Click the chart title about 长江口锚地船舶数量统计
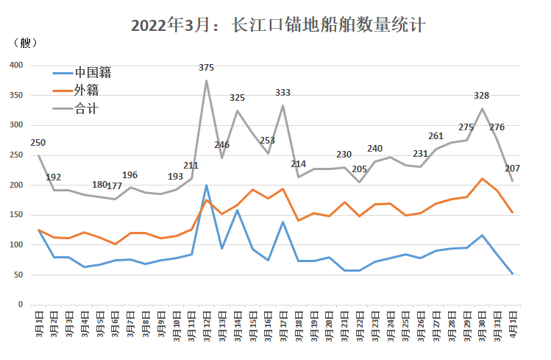[x=278, y=25]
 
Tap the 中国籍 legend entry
[x=82, y=73]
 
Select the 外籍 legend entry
[x=76, y=91]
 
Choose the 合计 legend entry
[x=76, y=109]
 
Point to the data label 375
[x=206, y=68]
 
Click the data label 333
[x=283, y=93]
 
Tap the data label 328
[x=481, y=95]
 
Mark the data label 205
[x=360, y=169]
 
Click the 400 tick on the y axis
[x=16, y=65]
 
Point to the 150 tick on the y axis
[x=16, y=215]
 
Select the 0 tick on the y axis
[x=21, y=305]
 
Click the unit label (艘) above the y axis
[x=25, y=43]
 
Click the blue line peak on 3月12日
[x=206, y=186]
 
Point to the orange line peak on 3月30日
[x=482, y=179]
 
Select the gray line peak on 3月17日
[x=283, y=105]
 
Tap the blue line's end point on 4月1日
[x=512, y=274]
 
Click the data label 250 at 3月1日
[x=38, y=143]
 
